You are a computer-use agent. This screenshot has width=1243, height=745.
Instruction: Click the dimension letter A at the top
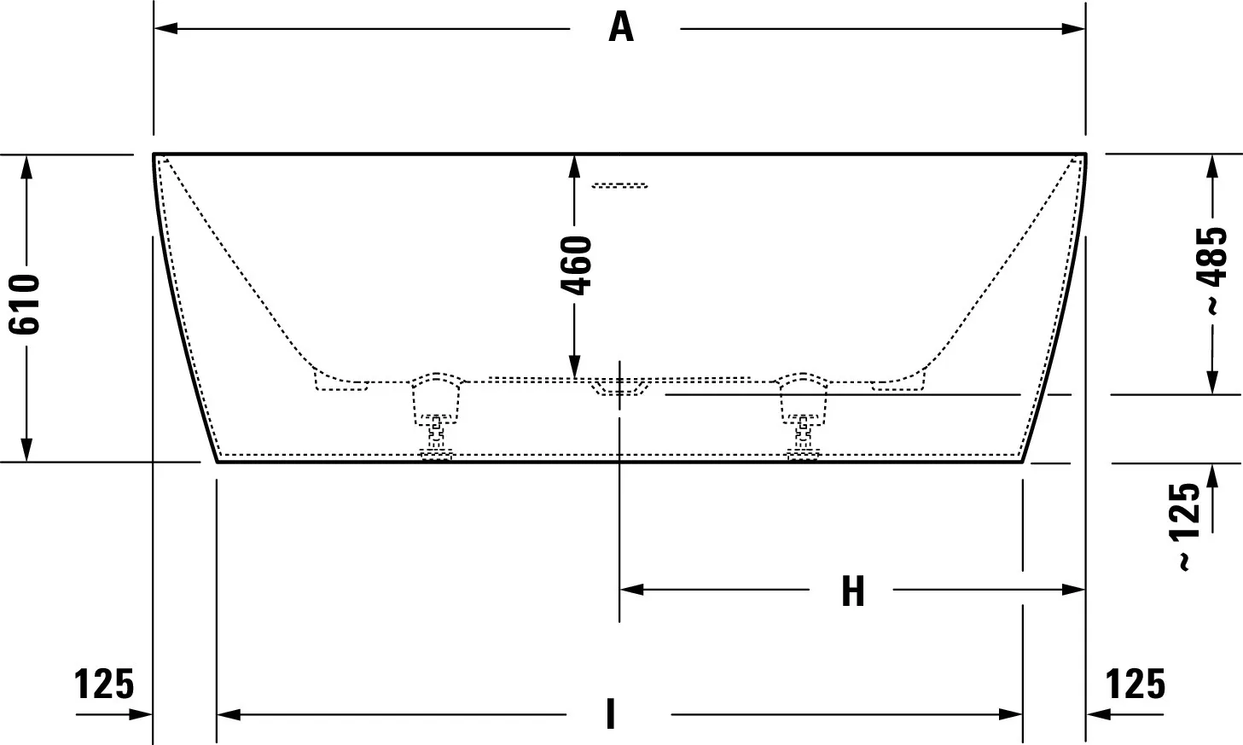point(621,27)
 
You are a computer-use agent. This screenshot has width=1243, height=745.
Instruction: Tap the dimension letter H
point(853,591)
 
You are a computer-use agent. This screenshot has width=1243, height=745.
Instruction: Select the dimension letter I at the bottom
point(611,714)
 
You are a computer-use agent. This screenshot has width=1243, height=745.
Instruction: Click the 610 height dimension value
point(25,304)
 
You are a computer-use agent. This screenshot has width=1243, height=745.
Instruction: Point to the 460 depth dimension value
point(577,265)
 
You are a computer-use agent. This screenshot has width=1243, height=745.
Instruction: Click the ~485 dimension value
point(1213,271)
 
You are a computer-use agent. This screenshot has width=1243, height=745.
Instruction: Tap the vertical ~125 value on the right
point(1184,527)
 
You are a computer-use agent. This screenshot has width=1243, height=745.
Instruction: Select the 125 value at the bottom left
point(104,684)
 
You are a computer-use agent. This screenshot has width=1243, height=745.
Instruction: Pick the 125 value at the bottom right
point(1136,684)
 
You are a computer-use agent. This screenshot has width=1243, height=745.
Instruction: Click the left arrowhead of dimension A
point(166,28)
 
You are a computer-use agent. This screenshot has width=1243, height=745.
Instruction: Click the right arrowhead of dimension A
point(1073,28)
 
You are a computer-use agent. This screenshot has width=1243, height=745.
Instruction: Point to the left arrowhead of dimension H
point(631,590)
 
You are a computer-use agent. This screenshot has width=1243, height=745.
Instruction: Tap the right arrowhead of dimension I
point(1010,714)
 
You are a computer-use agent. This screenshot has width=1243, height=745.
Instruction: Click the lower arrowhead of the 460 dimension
point(575,367)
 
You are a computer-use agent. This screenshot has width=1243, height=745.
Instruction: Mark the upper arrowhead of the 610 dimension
point(26,167)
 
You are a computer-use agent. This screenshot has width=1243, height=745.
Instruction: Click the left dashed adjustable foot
point(436,416)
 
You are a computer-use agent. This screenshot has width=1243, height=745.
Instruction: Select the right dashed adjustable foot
point(803,416)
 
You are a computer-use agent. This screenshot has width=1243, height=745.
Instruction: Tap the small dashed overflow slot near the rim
point(619,185)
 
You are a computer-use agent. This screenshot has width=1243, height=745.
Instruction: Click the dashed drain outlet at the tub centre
point(619,387)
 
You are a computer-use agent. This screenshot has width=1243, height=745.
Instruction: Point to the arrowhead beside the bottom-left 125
point(141,714)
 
